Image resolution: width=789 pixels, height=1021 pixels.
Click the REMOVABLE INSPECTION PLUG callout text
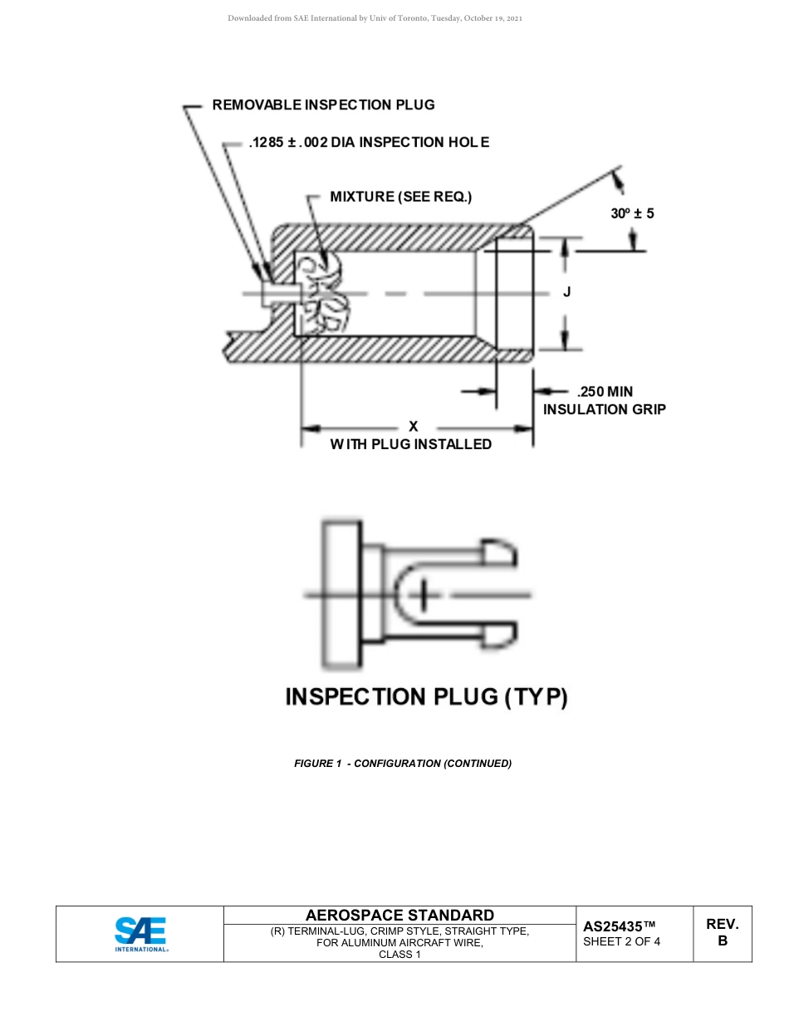coord(323,105)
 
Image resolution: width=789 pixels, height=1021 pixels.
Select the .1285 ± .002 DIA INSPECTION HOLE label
coord(369,142)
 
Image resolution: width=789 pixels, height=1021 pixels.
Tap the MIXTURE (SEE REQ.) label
coord(400,197)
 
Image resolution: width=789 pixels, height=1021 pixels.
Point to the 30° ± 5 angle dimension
coord(632,213)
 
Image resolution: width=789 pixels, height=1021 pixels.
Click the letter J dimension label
coord(566,292)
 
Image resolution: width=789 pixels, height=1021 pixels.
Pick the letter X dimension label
coord(413,427)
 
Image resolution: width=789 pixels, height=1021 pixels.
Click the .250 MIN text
coord(605,392)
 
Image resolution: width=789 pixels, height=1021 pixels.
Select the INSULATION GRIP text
coord(604,409)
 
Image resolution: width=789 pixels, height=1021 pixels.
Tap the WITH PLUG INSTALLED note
coord(410,444)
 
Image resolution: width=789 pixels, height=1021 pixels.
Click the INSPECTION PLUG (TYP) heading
coord(426,696)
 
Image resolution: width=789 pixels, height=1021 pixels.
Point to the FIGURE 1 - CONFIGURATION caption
coord(402,763)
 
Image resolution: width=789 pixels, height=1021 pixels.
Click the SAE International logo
coord(140,934)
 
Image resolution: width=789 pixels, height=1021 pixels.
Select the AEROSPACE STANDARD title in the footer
coord(399,915)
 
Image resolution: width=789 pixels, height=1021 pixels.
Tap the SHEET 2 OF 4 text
coord(621,941)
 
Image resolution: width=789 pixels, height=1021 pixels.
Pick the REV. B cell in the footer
coord(722,932)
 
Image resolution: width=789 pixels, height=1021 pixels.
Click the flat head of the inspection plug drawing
coord(341,594)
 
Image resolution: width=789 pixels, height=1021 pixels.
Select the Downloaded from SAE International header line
coord(375,18)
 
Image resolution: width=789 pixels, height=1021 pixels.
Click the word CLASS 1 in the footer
coord(399,955)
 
